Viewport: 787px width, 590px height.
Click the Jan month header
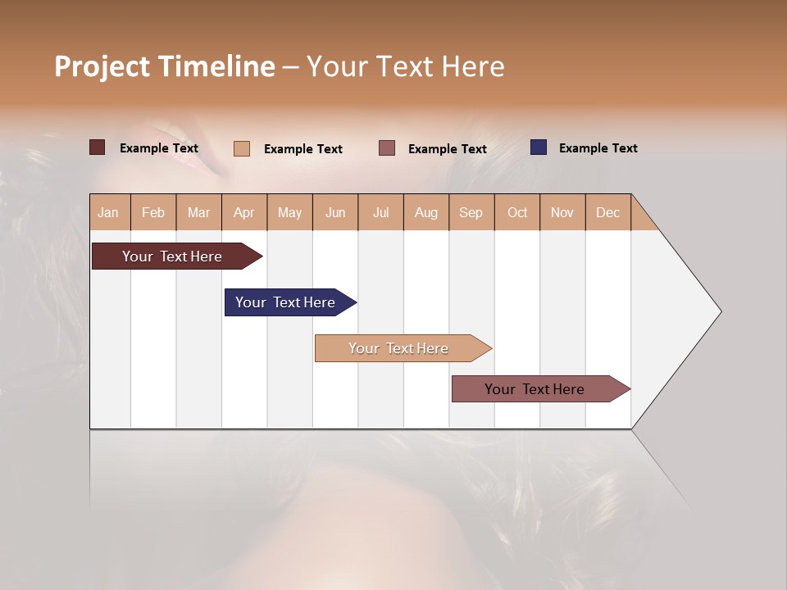[x=109, y=212]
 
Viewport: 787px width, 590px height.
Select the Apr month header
[x=244, y=212]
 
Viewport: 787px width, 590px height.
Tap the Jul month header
[x=380, y=212]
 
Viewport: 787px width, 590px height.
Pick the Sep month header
[x=471, y=212]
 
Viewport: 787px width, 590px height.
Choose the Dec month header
[x=607, y=212]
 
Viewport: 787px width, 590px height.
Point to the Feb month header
[x=153, y=212]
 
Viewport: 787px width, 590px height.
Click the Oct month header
[x=517, y=212]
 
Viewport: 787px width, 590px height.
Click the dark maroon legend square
[x=98, y=147]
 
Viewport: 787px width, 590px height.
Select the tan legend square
[x=242, y=148]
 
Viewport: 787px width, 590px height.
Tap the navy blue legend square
[x=539, y=147]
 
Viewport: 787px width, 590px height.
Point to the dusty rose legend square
[x=387, y=148]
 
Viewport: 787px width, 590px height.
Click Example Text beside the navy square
[x=598, y=148]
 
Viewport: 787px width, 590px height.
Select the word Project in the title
[x=102, y=66]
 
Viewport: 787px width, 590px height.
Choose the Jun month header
[x=335, y=212]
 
